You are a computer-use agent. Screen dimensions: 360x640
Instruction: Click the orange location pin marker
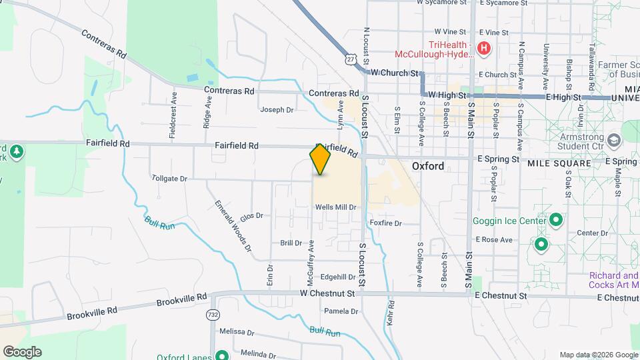click(x=320, y=159)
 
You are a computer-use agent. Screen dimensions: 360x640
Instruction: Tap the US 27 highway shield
click(x=350, y=59)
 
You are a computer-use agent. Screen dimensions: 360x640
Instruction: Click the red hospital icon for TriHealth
click(x=484, y=49)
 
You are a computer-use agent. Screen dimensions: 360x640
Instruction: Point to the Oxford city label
click(x=427, y=166)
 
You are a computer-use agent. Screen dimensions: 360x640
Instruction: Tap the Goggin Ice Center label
click(x=510, y=221)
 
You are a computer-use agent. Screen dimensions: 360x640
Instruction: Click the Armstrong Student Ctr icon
click(x=614, y=139)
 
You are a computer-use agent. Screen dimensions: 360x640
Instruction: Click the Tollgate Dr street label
click(x=169, y=179)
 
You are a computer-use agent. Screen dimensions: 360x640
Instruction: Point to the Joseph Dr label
click(x=277, y=110)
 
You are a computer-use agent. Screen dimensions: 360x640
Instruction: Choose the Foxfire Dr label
click(x=386, y=223)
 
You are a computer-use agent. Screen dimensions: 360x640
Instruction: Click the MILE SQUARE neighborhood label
click(x=559, y=163)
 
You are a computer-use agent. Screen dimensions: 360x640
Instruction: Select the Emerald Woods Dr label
click(x=233, y=225)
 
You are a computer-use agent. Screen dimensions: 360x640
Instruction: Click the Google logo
click(x=21, y=352)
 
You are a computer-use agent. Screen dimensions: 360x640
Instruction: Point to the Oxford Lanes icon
click(x=220, y=355)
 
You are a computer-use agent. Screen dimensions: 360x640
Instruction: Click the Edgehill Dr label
click(x=338, y=277)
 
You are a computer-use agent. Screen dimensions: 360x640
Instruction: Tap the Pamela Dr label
click(x=341, y=311)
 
